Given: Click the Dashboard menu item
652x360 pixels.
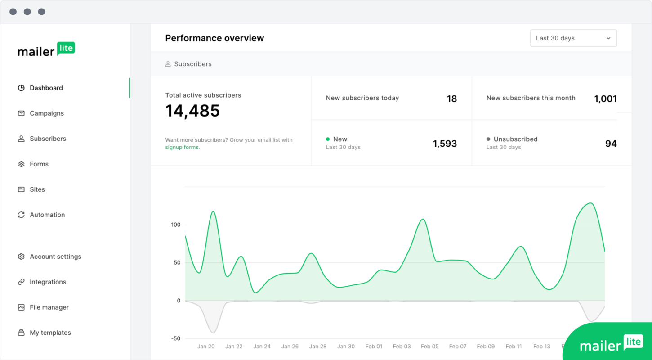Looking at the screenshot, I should [x=46, y=88].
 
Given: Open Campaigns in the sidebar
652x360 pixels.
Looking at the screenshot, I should [x=46, y=113].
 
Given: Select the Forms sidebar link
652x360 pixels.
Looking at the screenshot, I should [x=39, y=164].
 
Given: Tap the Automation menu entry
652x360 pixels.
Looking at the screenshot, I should [x=47, y=215].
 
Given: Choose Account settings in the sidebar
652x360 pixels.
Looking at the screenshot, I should [x=55, y=256].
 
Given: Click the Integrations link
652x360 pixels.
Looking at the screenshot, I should [x=48, y=282].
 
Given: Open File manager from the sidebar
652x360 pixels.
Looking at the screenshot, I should [x=49, y=307].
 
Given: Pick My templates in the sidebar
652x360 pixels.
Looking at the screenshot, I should [x=50, y=333].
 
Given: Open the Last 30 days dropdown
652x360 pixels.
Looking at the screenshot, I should [x=573, y=38].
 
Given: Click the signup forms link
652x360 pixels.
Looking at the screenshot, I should [x=182, y=148].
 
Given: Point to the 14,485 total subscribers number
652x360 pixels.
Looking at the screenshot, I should [x=192, y=111].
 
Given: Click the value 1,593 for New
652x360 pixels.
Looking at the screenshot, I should [x=445, y=144].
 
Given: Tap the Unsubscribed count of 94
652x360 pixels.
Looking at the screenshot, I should [x=611, y=144].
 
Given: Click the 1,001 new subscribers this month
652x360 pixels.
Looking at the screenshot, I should [x=605, y=99].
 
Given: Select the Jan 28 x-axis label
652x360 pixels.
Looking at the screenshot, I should [x=318, y=346].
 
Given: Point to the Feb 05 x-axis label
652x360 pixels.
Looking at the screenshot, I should [x=429, y=346].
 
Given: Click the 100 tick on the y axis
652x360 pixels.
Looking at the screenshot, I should [x=175, y=225].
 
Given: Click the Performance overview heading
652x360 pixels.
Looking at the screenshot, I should [x=214, y=38].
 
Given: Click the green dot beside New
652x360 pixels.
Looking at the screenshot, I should [x=328, y=139].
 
